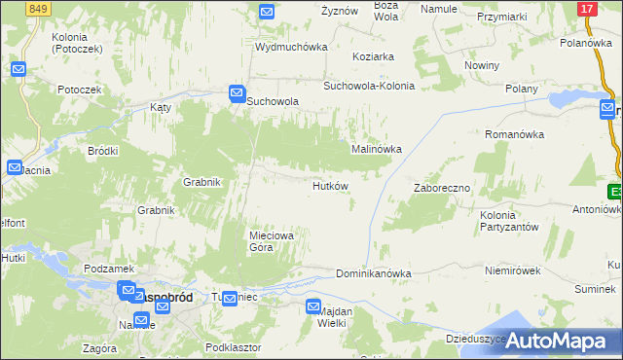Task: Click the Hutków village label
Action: pyautogui.click(x=330, y=186)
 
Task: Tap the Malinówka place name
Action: pyautogui.click(x=377, y=149)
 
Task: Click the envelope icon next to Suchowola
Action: pyautogui.click(x=237, y=93)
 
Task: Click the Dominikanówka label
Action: pyautogui.click(x=374, y=274)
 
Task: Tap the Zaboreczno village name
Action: pyautogui.click(x=442, y=188)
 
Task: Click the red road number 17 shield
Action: pyautogui.click(x=586, y=9)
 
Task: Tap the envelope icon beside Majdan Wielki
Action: pyautogui.click(x=313, y=306)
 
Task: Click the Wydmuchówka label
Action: pyautogui.click(x=289, y=47)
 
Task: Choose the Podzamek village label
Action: pyautogui.click(x=108, y=269)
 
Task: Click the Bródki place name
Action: pyautogui.click(x=102, y=151)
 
